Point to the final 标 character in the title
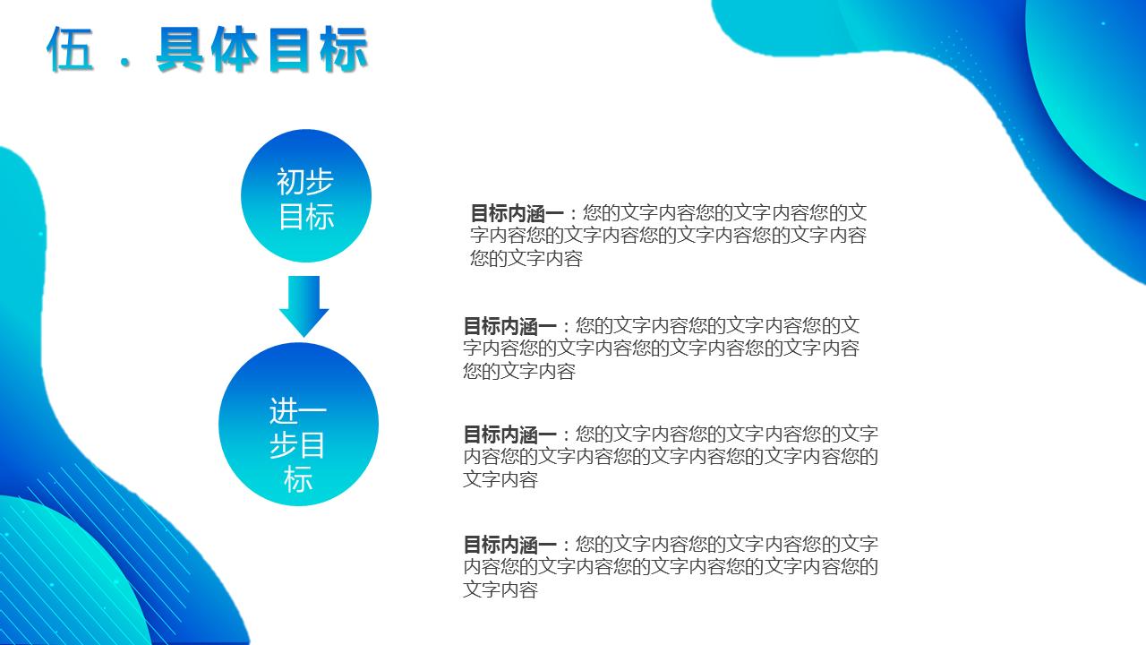click(x=343, y=49)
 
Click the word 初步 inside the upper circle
click(x=305, y=182)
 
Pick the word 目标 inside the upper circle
click(x=305, y=216)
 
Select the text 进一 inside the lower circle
click(x=298, y=411)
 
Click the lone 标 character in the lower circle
click(x=298, y=479)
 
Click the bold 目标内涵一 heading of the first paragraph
click(x=517, y=213)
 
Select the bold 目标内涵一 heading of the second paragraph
click(x=509, y=325)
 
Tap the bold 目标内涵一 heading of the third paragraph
click(x=509, y=434)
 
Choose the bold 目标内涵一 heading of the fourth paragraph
click(x=509, y=544)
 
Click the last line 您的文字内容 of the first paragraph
click(x=526, y=259)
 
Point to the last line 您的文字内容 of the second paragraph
click(x=518, y=371)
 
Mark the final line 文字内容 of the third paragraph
click(x=500, y=479)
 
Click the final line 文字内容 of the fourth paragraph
click(x=500, y=589)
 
